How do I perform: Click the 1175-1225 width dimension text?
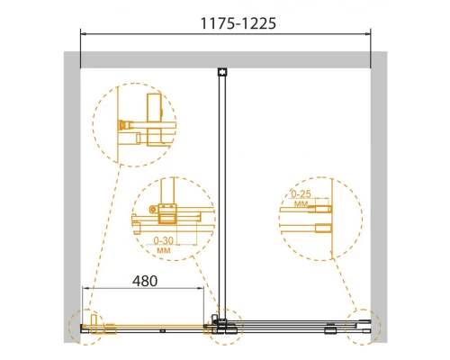(238, 23)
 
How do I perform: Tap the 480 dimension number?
(145, 281)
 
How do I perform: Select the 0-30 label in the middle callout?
(164, 240)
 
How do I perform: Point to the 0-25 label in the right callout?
(301, 194)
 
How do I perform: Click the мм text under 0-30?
(164, 250)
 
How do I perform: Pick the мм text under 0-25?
(301, 204)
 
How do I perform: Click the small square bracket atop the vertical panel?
(222, 72)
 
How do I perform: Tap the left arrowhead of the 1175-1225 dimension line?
(83, 34)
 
